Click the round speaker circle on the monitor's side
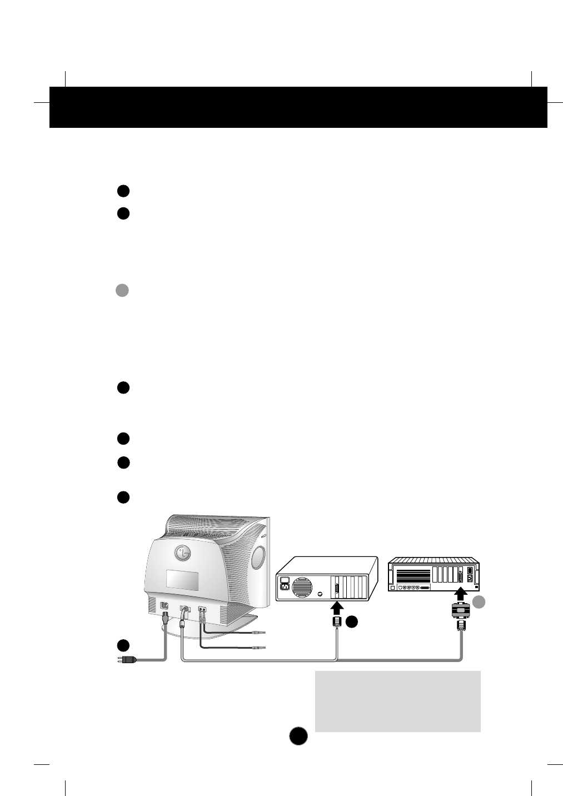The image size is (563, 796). coord(258,558)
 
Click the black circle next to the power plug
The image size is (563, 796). coord(123,645)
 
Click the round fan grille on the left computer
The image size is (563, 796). coord(303,586)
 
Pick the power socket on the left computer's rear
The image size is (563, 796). coord(285,585)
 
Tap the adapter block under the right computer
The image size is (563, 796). coord(461,611)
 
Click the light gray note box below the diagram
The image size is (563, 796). coord(397,701)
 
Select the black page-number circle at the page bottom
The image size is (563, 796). coord(298,735)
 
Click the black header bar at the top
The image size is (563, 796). coord(298,107)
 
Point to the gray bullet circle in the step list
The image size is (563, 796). coord(122,290)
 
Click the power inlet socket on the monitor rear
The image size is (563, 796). coord(164,606)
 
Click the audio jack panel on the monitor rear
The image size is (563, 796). coord(203,609)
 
